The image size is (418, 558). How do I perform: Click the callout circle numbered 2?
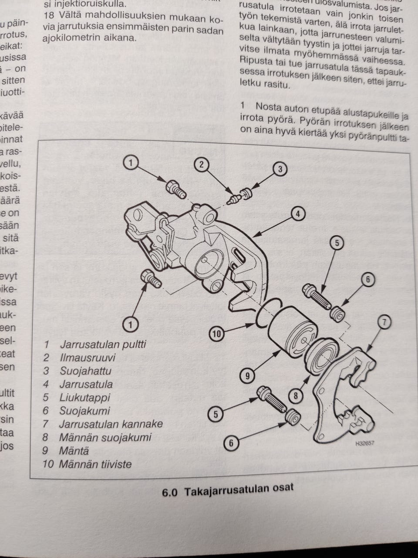(x=202, y=164)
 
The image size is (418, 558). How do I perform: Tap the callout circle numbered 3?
(x=280, y=169)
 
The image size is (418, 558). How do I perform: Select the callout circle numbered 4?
(x=297, y=214)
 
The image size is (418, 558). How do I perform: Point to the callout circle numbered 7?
(x=384, y=322)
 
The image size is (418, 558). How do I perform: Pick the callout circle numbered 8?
(x=296, y=396)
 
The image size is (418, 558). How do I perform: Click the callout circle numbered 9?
(x=247, y=375)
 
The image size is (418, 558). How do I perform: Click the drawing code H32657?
(x=364, y=444)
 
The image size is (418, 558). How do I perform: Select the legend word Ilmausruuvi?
(x=88, y=358)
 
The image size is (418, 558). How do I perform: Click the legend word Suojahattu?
(x=85, y=371)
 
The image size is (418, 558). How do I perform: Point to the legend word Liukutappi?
(x=84, y=398)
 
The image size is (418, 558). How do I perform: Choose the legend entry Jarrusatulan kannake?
(x=111, y=424)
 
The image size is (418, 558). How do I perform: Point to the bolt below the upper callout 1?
(x=176, y=189)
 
